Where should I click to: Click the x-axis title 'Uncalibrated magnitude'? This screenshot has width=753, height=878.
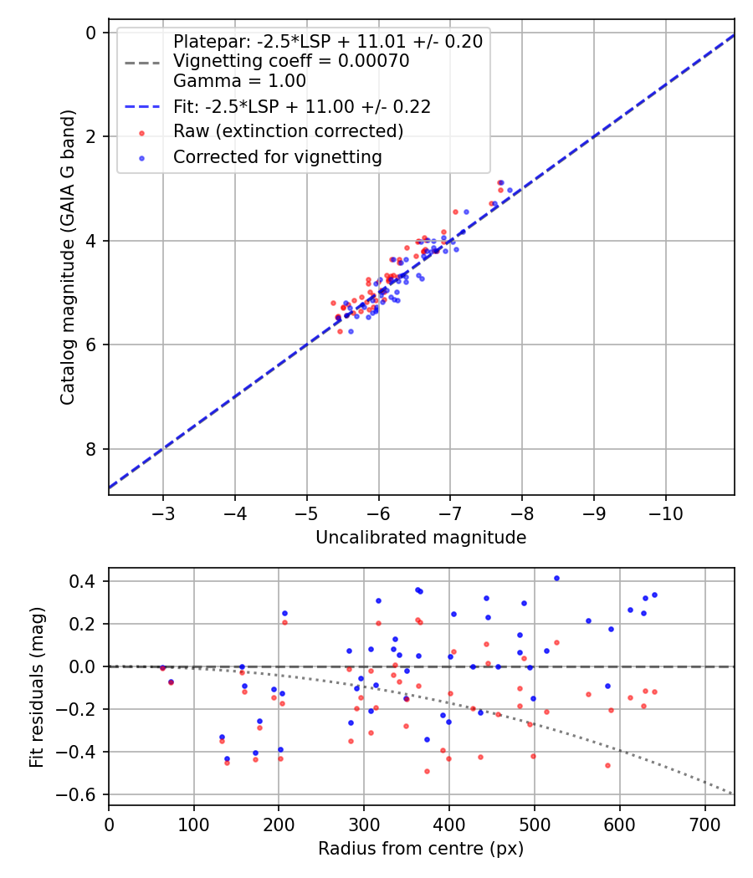click(x=421, y=538)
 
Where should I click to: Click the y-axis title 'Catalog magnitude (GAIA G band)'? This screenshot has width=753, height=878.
click(x=68, y=257)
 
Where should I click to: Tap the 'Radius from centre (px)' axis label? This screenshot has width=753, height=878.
click(x=421, y=849)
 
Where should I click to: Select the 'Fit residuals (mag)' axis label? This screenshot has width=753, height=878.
click(x=37, y=687)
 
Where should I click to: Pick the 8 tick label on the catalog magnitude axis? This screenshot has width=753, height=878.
click(x=90, y=449)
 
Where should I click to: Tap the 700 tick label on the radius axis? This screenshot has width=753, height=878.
click(x=704, y=824)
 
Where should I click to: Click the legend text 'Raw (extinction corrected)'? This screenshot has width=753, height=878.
click(x=289, y=131)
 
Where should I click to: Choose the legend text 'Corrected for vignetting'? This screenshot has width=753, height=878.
click(x=278, y=157)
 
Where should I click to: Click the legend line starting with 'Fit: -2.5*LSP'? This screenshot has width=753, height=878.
click(x=302, y=106)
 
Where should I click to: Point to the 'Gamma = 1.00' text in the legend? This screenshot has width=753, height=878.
click(x=240, y=80)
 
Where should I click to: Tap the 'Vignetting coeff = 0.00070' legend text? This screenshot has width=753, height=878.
click(x=291, y=60)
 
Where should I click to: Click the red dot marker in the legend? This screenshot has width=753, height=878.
click(x=141, y=133)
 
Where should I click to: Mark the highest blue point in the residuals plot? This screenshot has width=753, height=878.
click(x=556, y=579)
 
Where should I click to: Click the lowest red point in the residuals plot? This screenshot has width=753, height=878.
click(x=427, y=772)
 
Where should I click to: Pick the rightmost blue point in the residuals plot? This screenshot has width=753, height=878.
click(x=654, y=595)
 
